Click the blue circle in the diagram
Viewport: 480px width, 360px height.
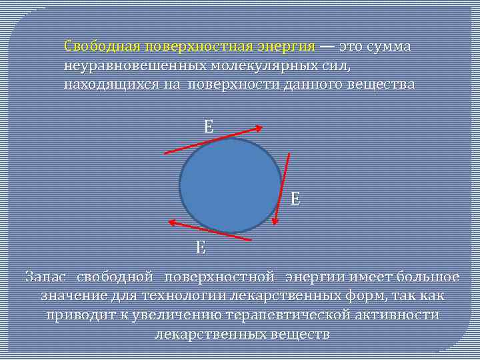point(230,185)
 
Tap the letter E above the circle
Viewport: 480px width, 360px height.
point(209,127)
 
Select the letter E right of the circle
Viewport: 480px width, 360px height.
point(295,198)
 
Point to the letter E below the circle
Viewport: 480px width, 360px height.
point(201,248)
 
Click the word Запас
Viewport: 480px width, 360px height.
point(46,276)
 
